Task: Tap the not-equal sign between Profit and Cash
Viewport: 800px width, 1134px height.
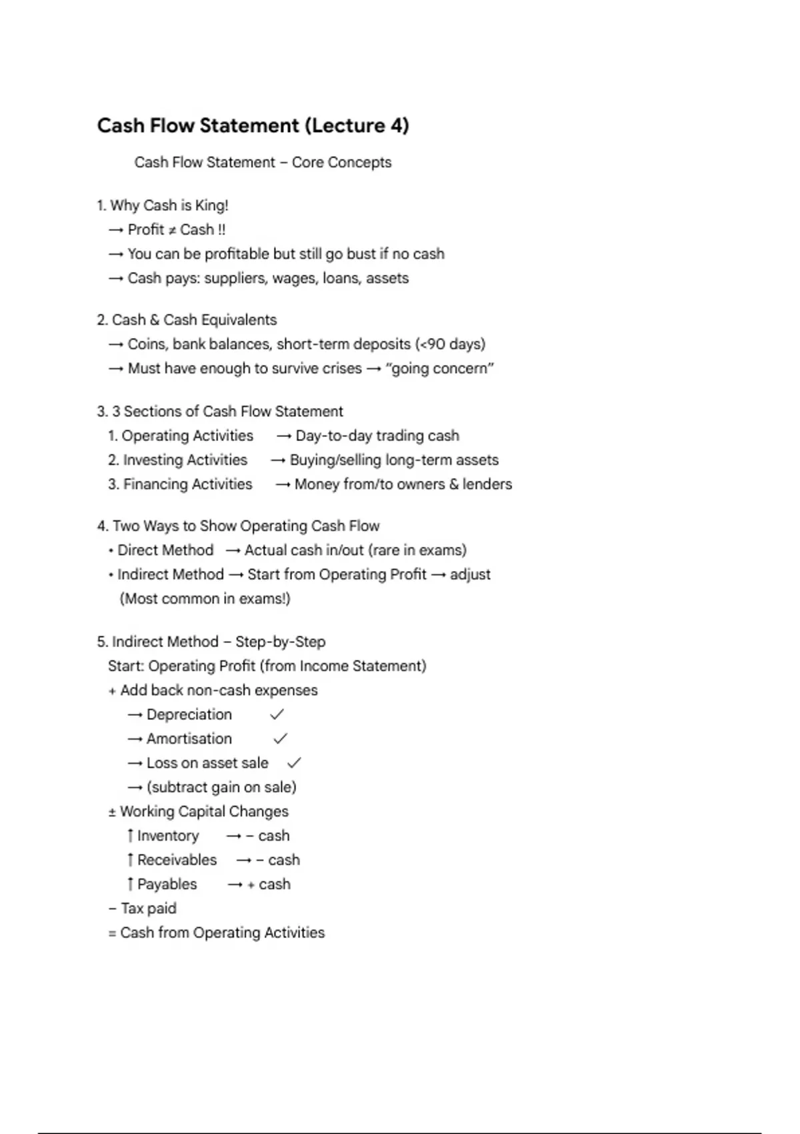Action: pos(171,230)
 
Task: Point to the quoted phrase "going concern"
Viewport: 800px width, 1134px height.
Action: pos(439,369)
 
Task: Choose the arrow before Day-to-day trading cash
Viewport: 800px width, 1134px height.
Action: pos(284,436)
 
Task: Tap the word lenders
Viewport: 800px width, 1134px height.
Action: pos(487,484)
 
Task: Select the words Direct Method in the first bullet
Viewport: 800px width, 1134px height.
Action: pos(165,550)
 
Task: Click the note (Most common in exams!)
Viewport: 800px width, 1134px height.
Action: pos(205,599)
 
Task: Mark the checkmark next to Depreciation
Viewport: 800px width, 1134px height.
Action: pos(277,714)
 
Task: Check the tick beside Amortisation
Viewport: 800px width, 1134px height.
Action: pos(280,738)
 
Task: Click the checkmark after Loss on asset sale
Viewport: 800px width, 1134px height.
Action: pos(293,762)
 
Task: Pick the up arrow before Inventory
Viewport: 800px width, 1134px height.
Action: pos(130,836)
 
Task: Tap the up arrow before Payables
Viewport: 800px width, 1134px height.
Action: pos(130,885)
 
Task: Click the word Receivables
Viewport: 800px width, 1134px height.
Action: pos(177,860)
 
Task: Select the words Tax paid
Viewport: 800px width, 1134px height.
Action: pos(148,909)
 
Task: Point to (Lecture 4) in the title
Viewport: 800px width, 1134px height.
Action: pos(357,125)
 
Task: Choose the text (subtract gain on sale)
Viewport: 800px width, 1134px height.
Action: pos(221,787)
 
